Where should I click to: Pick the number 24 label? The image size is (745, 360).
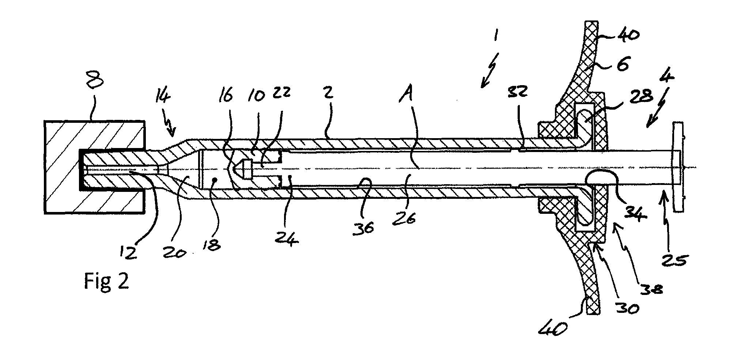pos(288,238)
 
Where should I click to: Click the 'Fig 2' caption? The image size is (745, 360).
pos(106,282)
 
